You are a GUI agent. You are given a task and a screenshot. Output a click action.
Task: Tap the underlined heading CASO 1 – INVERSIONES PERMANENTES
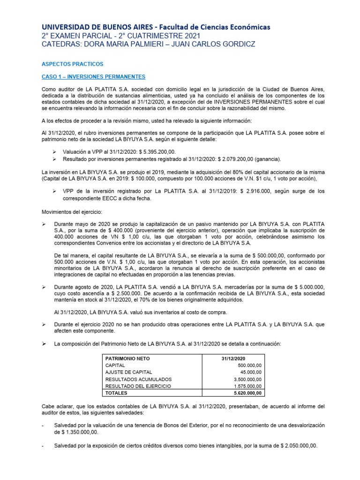point(93,76)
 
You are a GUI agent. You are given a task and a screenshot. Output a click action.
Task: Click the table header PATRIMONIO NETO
point(127,358)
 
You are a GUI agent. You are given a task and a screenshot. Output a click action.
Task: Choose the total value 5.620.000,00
point(247,393)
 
